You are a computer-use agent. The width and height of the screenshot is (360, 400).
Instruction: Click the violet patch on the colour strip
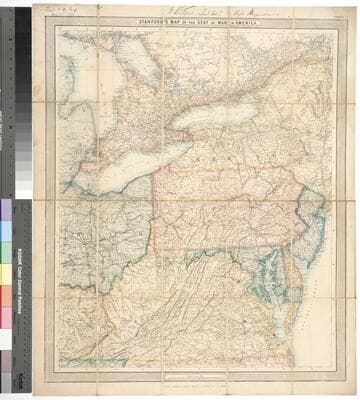pos(8,210)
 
